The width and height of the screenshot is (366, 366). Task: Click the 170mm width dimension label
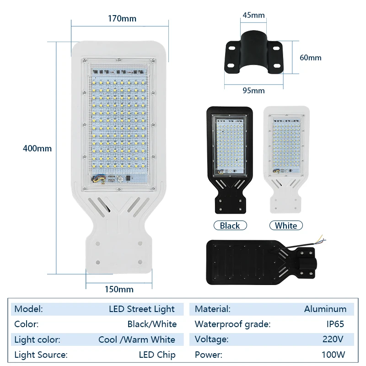click(x=122, y=19)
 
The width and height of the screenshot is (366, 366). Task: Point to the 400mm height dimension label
click(x=38, y=148)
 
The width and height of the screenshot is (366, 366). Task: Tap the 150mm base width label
click(x=119, y=289)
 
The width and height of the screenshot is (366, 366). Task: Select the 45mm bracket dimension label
click(x=253, y=15)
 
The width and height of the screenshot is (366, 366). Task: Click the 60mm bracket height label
click(x=310, y=58)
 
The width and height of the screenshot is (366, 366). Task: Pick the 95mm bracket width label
click(x=253, y=90)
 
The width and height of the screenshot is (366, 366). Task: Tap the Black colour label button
click(x=230, y=226)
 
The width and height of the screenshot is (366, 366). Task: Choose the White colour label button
click(x=286, y=226)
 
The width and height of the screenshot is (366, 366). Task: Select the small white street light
click(x=286, y=158)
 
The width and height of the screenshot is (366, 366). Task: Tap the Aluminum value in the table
click(x=325, y=309)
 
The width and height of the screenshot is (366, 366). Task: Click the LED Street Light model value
click(x=142, y=309)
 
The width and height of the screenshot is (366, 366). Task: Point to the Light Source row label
click(x=41, y=355)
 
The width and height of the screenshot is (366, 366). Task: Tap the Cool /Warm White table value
click(x=137, y=339)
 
